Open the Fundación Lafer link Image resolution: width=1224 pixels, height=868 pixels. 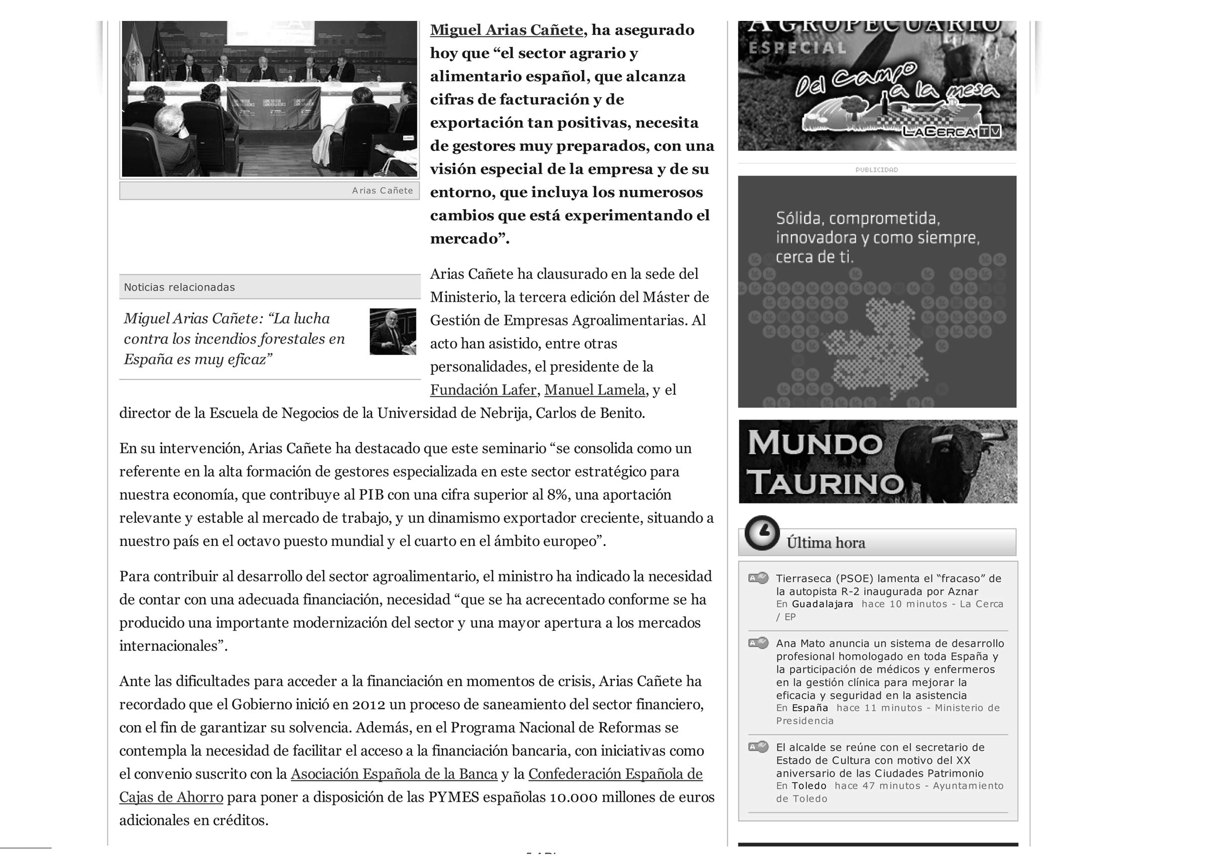pos(483,390)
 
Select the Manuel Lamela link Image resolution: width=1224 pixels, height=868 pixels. pos(595,390)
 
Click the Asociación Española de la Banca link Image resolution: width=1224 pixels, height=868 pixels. pos(394,774)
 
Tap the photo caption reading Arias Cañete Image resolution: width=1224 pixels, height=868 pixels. pos(382,191)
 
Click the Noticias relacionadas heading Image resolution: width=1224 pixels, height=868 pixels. pos(179,287)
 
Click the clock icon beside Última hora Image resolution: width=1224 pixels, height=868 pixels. pos(762,533)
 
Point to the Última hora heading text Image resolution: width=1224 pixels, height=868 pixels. pos(825,543)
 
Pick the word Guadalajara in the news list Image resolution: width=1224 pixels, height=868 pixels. pos(822,605)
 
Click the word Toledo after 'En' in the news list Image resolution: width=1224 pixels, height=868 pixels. pos(809,786)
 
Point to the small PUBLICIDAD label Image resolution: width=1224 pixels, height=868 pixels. pos(876,170)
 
